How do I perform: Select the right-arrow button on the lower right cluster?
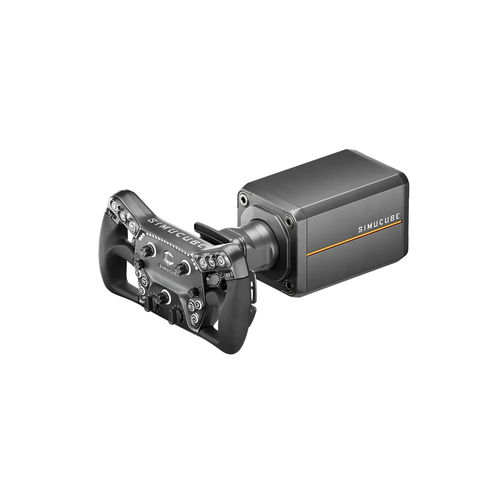coord(198,305)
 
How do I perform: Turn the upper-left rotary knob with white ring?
coord(148,250)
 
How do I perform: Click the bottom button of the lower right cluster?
coord(194,318)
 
